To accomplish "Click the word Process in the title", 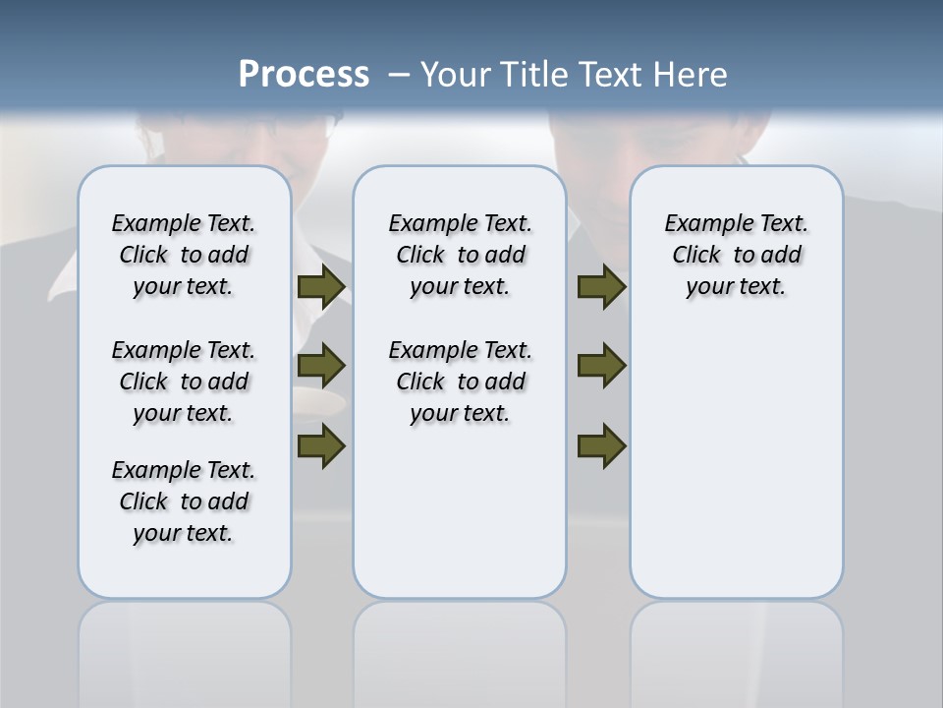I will coord(304,74).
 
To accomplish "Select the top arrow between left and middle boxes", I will coord(321,286).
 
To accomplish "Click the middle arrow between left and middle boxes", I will coord(321,366).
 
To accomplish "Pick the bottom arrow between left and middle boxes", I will coord(321,445).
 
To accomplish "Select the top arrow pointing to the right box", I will coord(601,286).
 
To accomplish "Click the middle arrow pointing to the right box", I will coord(601,366).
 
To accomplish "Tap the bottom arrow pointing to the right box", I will coord(601,445).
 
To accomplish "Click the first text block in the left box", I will coord(184,255).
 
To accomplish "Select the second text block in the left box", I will coord(184,382).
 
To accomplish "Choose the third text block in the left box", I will coord(184,501).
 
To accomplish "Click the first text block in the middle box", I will coord(460,255).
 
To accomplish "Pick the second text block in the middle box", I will coord(460,382).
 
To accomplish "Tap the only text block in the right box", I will coord(736,255).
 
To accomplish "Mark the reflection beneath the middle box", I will coord(460,639).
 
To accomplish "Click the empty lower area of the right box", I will coord(736,472).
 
